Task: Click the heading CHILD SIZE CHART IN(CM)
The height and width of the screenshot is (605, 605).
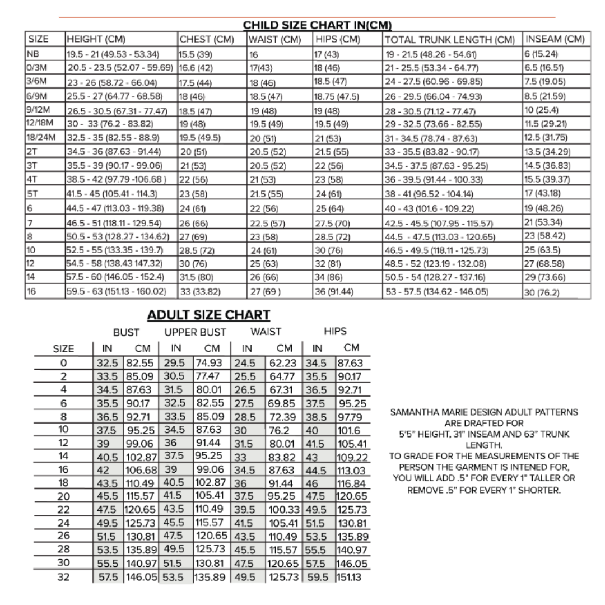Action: point(317,25)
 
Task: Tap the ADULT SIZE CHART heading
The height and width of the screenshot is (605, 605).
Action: point(208,315)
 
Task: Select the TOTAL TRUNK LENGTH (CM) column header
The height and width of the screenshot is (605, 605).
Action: point(449,40)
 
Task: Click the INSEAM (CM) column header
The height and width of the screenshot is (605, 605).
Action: point(555,39)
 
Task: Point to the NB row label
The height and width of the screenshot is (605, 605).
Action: point(31,54)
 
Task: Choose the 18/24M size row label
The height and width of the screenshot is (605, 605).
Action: point(41,137)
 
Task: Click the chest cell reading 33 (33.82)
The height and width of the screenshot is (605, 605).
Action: point(200,291)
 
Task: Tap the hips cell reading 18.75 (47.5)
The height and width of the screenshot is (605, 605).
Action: point(336,96)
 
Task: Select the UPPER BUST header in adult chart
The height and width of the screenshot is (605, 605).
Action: point(195,332)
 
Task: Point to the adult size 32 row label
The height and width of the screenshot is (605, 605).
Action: point(63,576)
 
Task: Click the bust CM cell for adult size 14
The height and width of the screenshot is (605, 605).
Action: point(142,457)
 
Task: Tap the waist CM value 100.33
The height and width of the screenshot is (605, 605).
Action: point(285,510)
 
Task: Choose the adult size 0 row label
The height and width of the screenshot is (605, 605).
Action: point(63,363)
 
